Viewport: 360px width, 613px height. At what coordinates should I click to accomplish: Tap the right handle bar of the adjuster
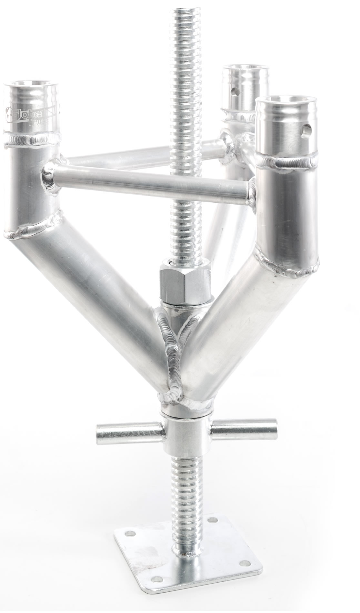pyautogui.click(x=244, y=428)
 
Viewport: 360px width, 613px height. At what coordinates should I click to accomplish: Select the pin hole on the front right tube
pyautogui.click(x=305, y=131)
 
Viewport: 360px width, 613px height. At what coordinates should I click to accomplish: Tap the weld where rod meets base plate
pyautogui.click(x=187, y=554)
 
